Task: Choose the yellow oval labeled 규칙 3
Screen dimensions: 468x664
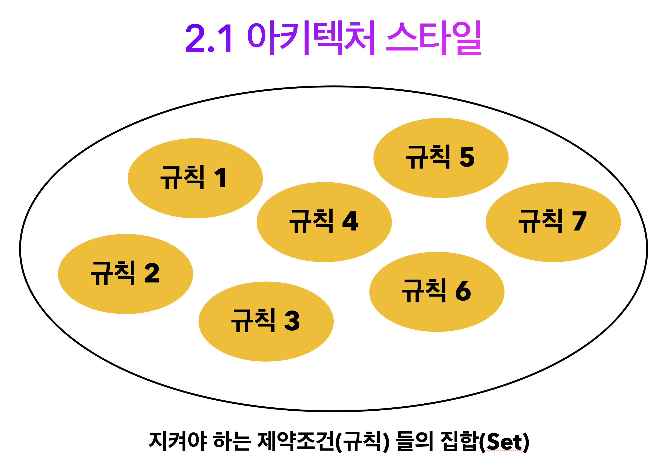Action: tap(266, 322)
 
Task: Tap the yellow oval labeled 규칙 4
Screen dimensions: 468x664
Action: tap(324, 222)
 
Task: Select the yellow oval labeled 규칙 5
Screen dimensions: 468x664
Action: tap(441, 158)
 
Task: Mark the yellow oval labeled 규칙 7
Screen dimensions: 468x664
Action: tap(553, 222)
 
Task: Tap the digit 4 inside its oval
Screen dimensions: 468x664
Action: tap(351, 221)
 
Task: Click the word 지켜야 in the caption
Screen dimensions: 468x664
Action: tap(178, 441)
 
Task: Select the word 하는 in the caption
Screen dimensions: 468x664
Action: tap(231, 441)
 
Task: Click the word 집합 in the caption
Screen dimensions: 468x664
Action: tap(458, 441)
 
